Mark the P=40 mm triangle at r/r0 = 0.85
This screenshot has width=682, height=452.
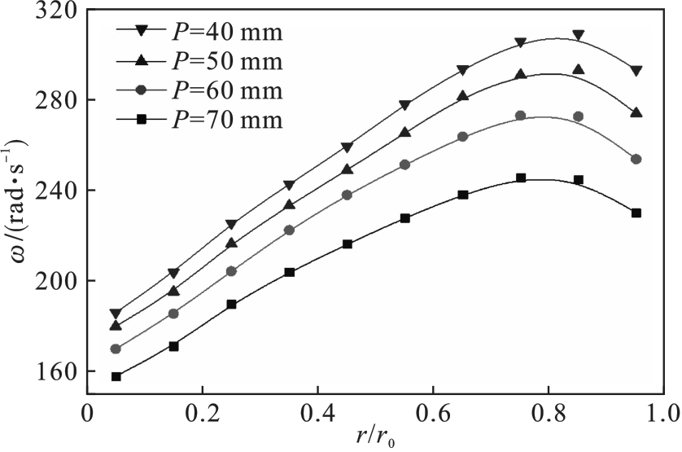pos(578,36)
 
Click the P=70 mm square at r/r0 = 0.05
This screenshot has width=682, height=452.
pos(116,376)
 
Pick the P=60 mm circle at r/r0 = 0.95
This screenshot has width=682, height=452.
pos(636,159)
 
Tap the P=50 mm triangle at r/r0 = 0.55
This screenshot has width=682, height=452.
pos(404,132)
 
